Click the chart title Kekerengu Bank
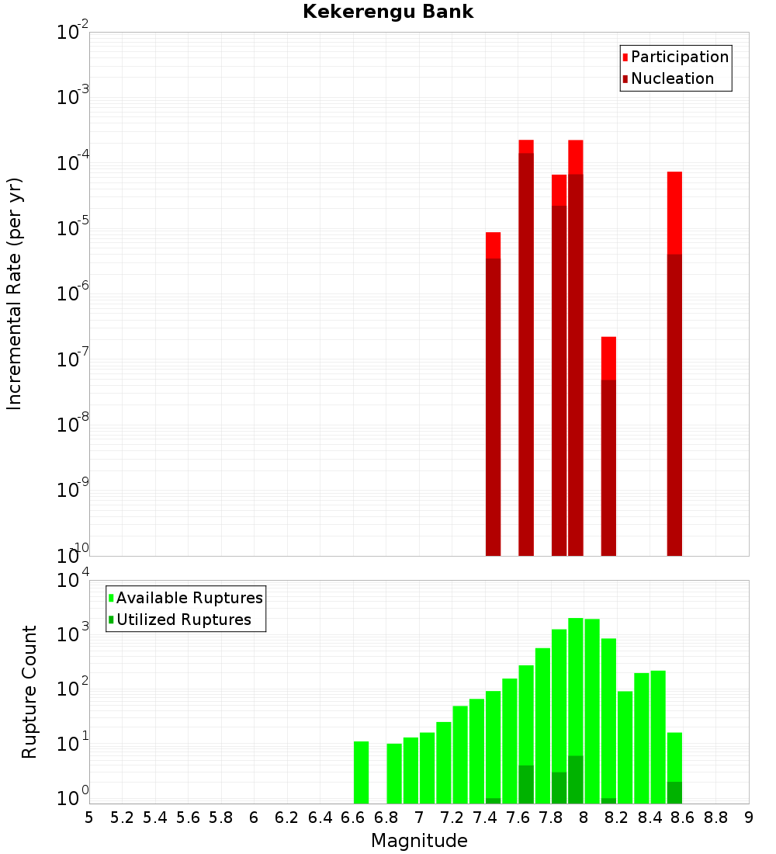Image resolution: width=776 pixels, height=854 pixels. pos(388,12)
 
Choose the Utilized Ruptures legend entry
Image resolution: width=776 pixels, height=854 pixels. pos(183,620)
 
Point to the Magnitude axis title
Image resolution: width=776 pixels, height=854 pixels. pos(419,840)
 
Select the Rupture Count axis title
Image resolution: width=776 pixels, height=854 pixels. pos(29,691)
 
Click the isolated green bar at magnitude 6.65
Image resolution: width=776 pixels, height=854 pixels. pos(361,772)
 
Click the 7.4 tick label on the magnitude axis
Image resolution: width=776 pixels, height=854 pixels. pos(485,817)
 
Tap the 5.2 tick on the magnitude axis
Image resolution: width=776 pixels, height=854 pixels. pos(122,817)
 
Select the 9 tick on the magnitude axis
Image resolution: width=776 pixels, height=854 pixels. pos(749,817)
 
